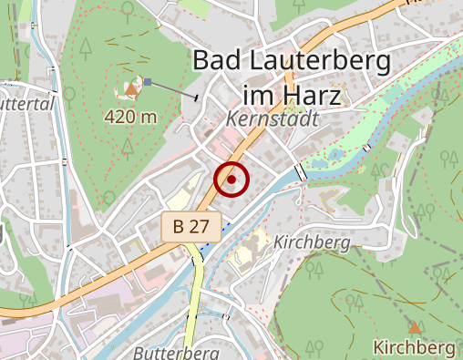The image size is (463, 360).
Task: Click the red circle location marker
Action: click(231, 179)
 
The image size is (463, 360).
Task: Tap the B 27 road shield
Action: click(187, 228)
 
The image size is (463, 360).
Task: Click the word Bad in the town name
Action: click(220, 62)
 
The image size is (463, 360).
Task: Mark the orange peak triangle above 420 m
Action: click(133, 90)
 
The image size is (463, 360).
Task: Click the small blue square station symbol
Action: click(148, 82)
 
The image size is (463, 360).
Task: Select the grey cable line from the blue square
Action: click(173, 89)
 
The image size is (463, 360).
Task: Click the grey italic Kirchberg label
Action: click(313, 242)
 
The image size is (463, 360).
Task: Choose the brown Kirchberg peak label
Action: click(414, 347)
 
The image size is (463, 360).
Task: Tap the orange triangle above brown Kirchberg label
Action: click(415, 326)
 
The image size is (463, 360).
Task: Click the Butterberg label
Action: click(176, 352)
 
